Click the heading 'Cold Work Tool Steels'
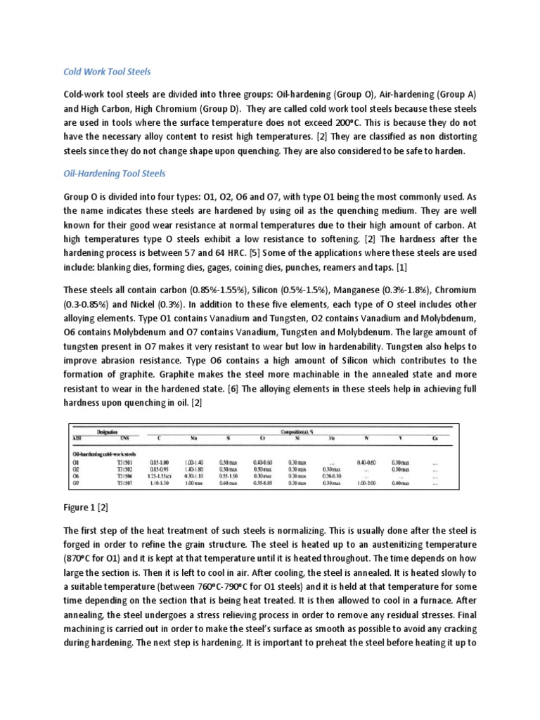coord(108,72)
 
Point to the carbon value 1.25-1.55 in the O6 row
coord(164,475)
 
